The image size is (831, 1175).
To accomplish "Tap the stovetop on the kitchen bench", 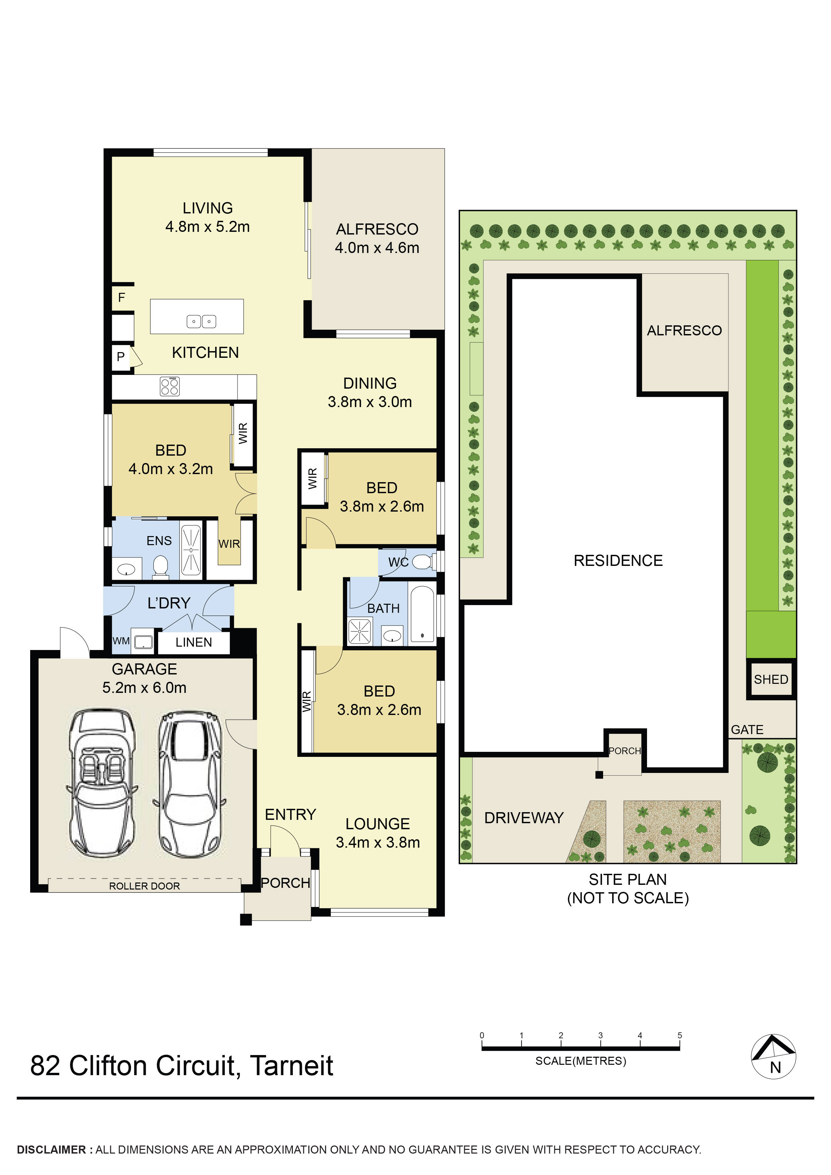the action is tap(169, 386).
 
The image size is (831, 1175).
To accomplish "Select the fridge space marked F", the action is tap(121, 297).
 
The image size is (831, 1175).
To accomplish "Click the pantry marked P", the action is tap(121, 357).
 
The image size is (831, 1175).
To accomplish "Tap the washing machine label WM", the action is tap(121, 641).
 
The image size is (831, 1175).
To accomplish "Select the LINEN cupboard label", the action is tap(193, 642).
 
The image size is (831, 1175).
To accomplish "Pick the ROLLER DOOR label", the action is tap(144, 886).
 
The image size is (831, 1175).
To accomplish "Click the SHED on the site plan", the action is tap(771, 679).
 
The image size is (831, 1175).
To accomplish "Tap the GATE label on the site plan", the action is tap(747, 730).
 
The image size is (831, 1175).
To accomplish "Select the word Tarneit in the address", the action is tap(292, 1066).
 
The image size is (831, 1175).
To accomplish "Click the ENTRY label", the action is tap(290, 814).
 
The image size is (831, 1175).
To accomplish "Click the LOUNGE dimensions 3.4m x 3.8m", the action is tap(378, 842).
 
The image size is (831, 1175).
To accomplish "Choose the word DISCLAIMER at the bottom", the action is tap(51, 1150).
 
